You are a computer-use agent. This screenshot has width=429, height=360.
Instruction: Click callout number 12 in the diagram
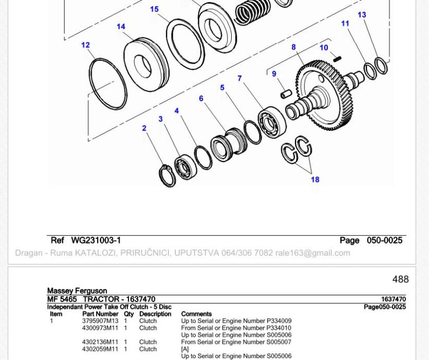pos(86,45)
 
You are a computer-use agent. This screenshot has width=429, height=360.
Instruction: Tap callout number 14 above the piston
pos(121,27)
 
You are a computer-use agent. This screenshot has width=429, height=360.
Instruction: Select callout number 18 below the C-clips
pos(315,179)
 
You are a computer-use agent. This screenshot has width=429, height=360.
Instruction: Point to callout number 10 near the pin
pos(324,47)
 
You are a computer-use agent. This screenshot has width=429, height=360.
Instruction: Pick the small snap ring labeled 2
pos(167,176)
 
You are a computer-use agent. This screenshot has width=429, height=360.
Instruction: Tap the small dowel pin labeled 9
pos(286,93)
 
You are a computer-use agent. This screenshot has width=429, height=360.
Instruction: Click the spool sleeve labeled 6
pos(229,145)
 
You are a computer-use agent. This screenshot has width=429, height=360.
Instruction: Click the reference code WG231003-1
pos(96,241)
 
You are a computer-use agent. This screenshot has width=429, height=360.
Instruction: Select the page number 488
pos(400,279)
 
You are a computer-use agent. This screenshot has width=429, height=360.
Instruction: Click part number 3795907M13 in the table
pos(100,320)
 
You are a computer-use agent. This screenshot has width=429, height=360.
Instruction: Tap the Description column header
pos(155,314)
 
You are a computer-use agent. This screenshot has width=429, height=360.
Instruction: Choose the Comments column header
pos(196,314)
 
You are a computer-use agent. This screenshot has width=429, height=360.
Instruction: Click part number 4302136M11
pos(100,342)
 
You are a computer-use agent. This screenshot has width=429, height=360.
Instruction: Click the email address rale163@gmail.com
pos(313,253)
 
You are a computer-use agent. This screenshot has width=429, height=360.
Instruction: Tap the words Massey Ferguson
pos(77,291)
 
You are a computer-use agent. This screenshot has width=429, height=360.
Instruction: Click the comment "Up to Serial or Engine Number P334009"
pos(236,320)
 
